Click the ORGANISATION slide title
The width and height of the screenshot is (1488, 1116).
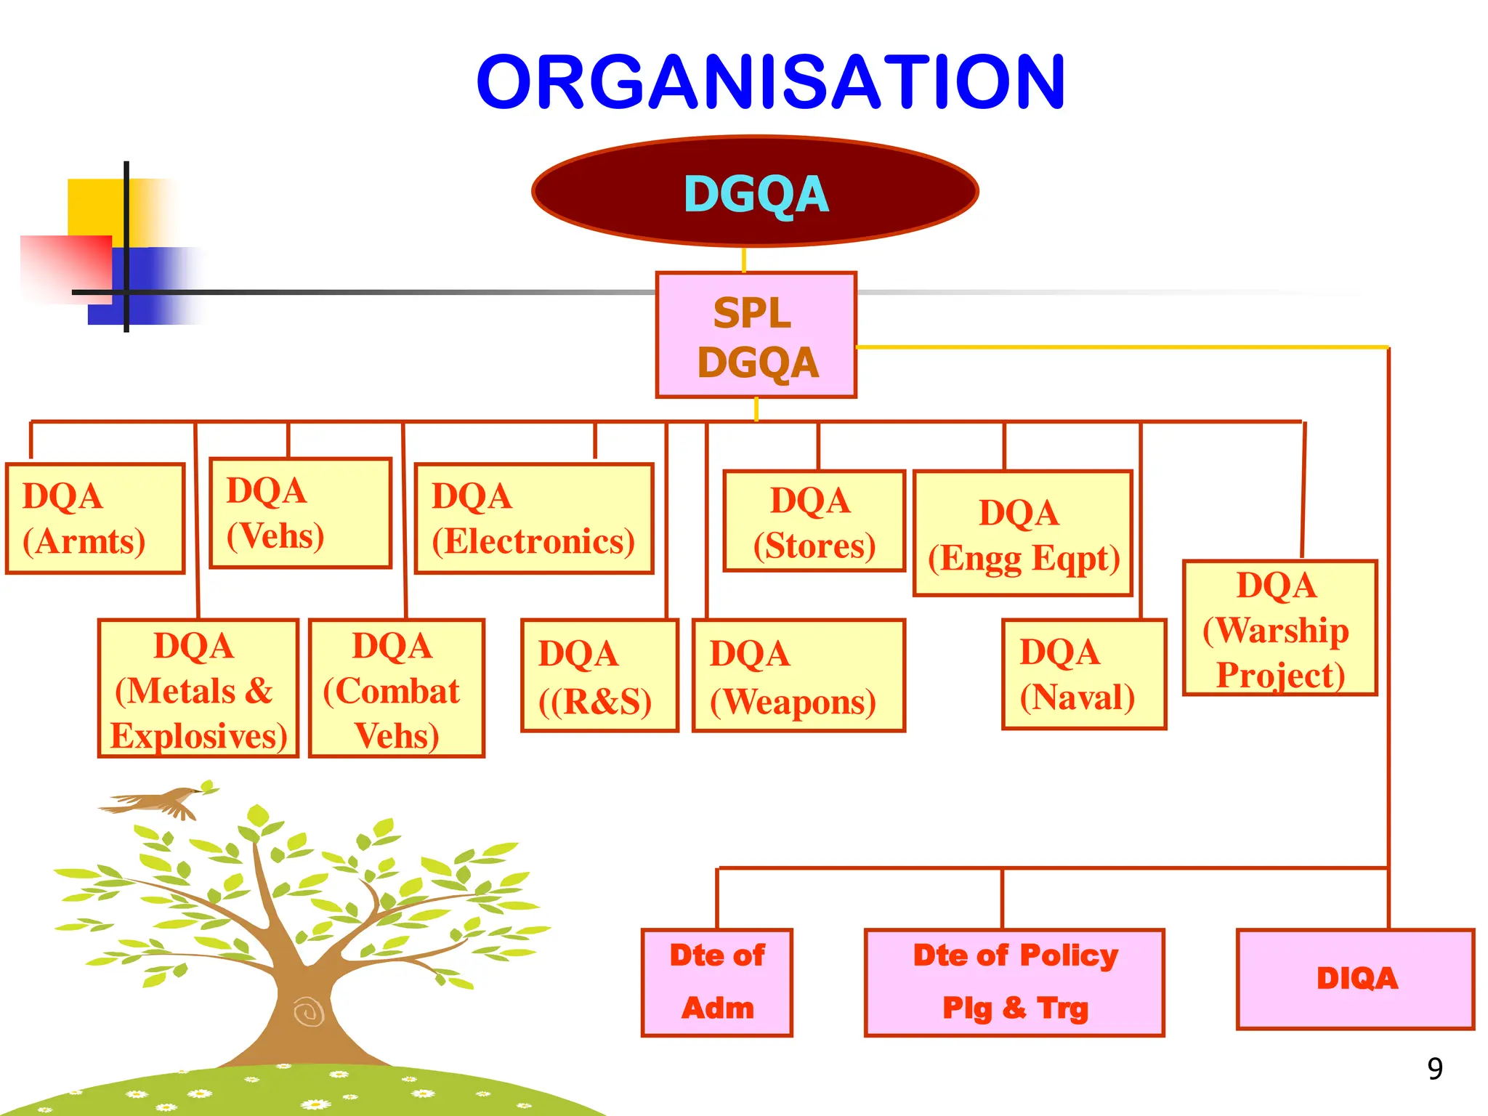click(x=770, y=82)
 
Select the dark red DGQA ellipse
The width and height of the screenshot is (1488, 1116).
click(x=756, y=192)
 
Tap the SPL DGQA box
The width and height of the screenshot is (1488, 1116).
click(x=756, y=336)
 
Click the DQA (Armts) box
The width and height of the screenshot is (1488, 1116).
click(x=95, y=519)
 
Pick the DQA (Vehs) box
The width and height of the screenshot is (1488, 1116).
click(x=300, y=513)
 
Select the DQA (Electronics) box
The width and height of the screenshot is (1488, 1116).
click(x=534, y=519)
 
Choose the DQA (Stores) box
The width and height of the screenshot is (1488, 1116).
click(x=814, y=522)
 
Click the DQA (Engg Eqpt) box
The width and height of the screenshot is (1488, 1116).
click(x=1023, y=534)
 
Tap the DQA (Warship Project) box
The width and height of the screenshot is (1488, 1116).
click(x=1279, y=628)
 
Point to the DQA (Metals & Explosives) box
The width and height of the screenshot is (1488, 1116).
click(x=198, y=689)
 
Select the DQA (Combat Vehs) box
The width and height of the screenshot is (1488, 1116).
click(x=396, y=689)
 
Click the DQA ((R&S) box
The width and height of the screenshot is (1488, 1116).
click(x=599, y=676)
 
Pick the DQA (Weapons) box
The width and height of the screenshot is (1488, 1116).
click(x=798, y=676)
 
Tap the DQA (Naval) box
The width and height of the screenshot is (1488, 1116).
click(x=1083, y=674)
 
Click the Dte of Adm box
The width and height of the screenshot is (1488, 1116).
click(x=717, y=982)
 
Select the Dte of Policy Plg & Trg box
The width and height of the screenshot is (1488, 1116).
click(x=1014, y=982)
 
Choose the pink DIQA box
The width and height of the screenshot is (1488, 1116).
click(x=1355, y=979)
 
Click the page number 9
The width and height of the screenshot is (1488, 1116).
click(x=1434, y=1069)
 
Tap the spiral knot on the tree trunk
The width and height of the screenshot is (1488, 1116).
click(x=310, y=1011)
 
